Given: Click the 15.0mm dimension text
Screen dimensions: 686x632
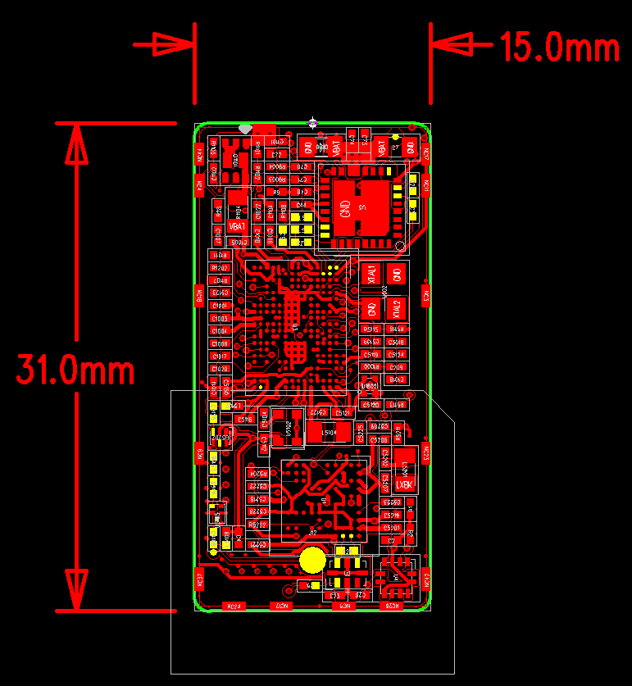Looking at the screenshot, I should click(x=560, y=48).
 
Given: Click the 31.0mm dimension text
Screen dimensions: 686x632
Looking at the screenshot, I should click(x=75, y=370).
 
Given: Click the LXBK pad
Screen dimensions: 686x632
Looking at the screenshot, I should click(x=404, y=484).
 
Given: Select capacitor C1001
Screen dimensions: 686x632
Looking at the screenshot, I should click(x=220, y=306).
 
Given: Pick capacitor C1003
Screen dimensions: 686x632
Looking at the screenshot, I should click(x=220, y=318).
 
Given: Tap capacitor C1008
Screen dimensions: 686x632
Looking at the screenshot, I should click(x=220, y=344).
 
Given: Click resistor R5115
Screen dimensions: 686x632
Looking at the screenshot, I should click(x=371, y=329).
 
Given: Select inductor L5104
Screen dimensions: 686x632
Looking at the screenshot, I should click(x=329, y=432).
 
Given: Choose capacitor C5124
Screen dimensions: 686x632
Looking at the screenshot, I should click(x=397, y=354).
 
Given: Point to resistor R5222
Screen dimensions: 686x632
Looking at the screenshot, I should click(x=257, y=525).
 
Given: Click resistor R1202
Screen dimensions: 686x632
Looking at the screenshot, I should click(x=220, y=268).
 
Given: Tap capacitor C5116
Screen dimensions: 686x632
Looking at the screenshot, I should click(x=244, y=419).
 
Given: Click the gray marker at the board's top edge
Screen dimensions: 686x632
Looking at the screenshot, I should click(x=244, y=128).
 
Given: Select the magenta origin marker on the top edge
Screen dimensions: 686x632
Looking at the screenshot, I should click(x=312, y=123).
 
